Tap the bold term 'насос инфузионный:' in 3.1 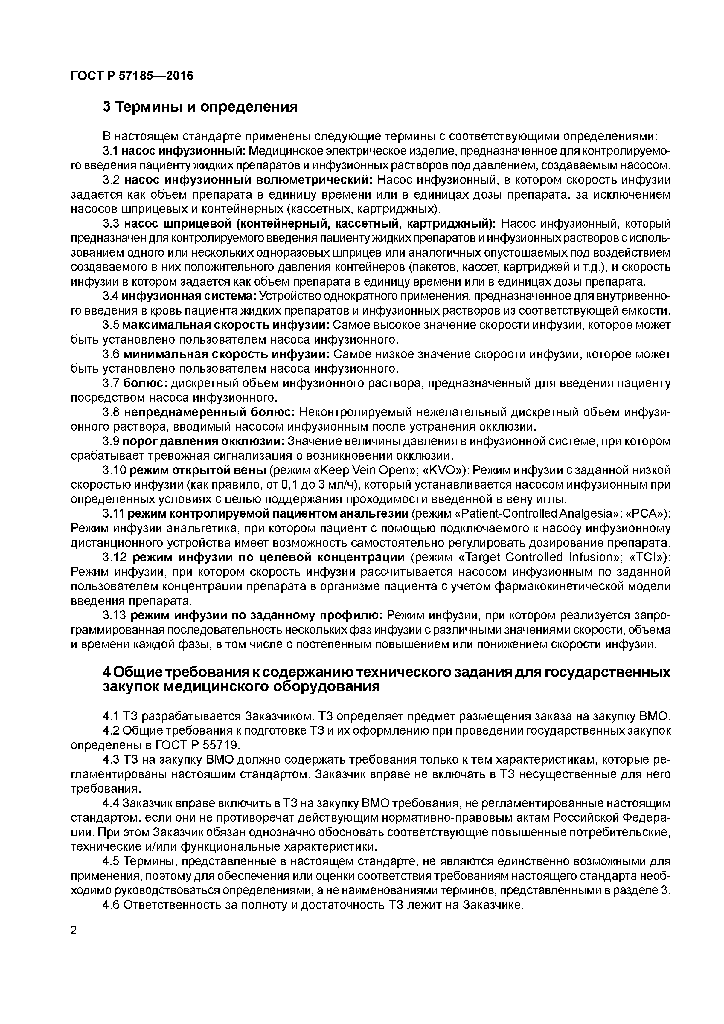[x=184, y=151]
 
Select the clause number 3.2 [x=111, y=180]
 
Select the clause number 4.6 [x=111, y=905]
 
